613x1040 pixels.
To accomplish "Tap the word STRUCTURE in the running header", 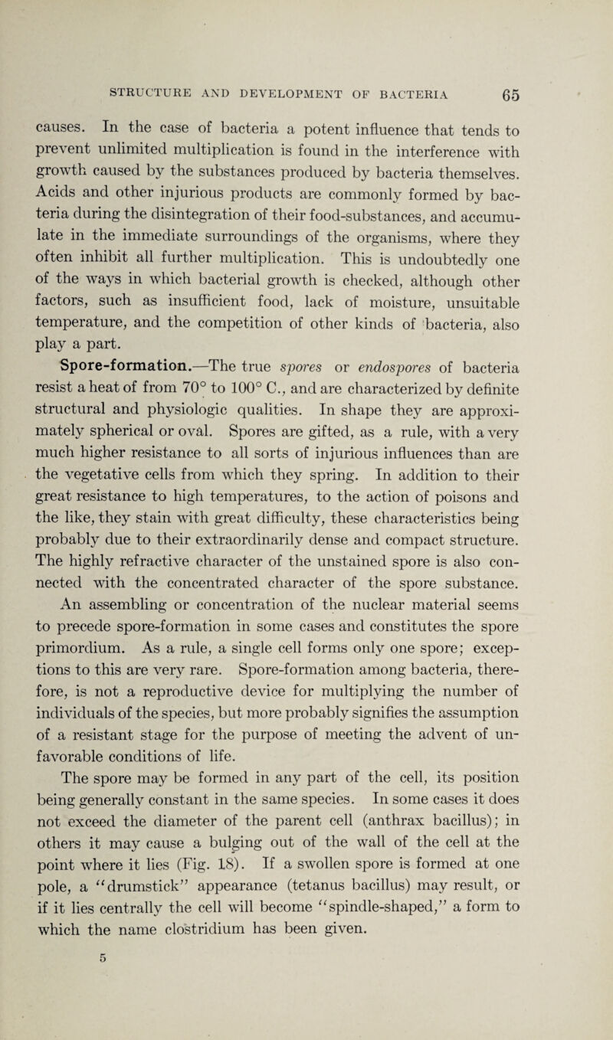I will tap(154, 74).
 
